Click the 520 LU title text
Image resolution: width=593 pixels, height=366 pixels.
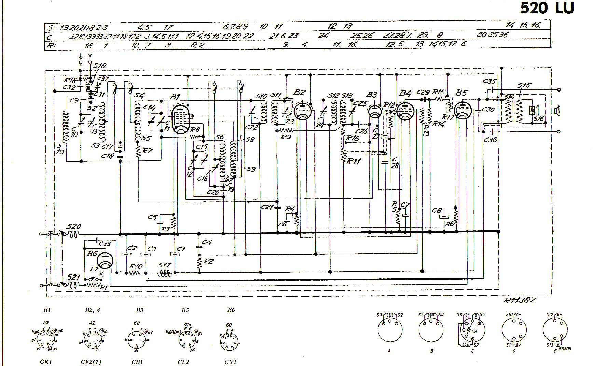point(547,8)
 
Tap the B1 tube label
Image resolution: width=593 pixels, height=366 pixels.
point(175,97)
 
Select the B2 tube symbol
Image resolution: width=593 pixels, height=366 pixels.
point(302,111)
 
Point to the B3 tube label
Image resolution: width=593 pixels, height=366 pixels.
point(372,94)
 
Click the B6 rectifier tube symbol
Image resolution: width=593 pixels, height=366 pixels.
point(105,261)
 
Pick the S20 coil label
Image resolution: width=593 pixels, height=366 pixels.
point(73,227)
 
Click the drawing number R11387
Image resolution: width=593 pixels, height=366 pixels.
point(520,300)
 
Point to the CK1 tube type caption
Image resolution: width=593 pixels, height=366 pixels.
point(46,362)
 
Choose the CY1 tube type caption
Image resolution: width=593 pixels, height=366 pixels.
point(231,362)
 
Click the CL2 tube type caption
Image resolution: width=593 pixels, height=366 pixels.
point(183,362)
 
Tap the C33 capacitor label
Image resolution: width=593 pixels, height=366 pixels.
point(105,244)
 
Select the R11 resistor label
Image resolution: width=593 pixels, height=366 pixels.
point(354,161)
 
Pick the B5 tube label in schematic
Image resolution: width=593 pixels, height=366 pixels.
point(461,93)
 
